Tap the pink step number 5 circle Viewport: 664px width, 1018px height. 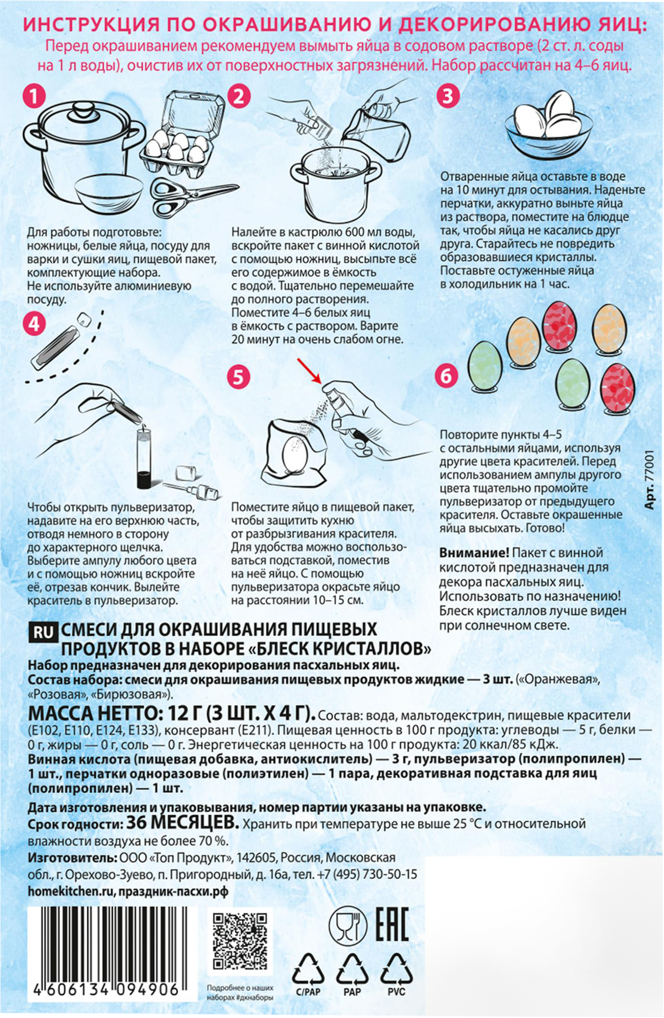click(x=238, y=378)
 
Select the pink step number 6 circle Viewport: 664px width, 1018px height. click(x=446, y=377)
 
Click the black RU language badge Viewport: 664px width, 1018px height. click(x=42, y=632)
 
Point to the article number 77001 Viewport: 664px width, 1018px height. click(x=650, y=479)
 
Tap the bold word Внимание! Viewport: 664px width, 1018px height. click(x=474, y=552)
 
